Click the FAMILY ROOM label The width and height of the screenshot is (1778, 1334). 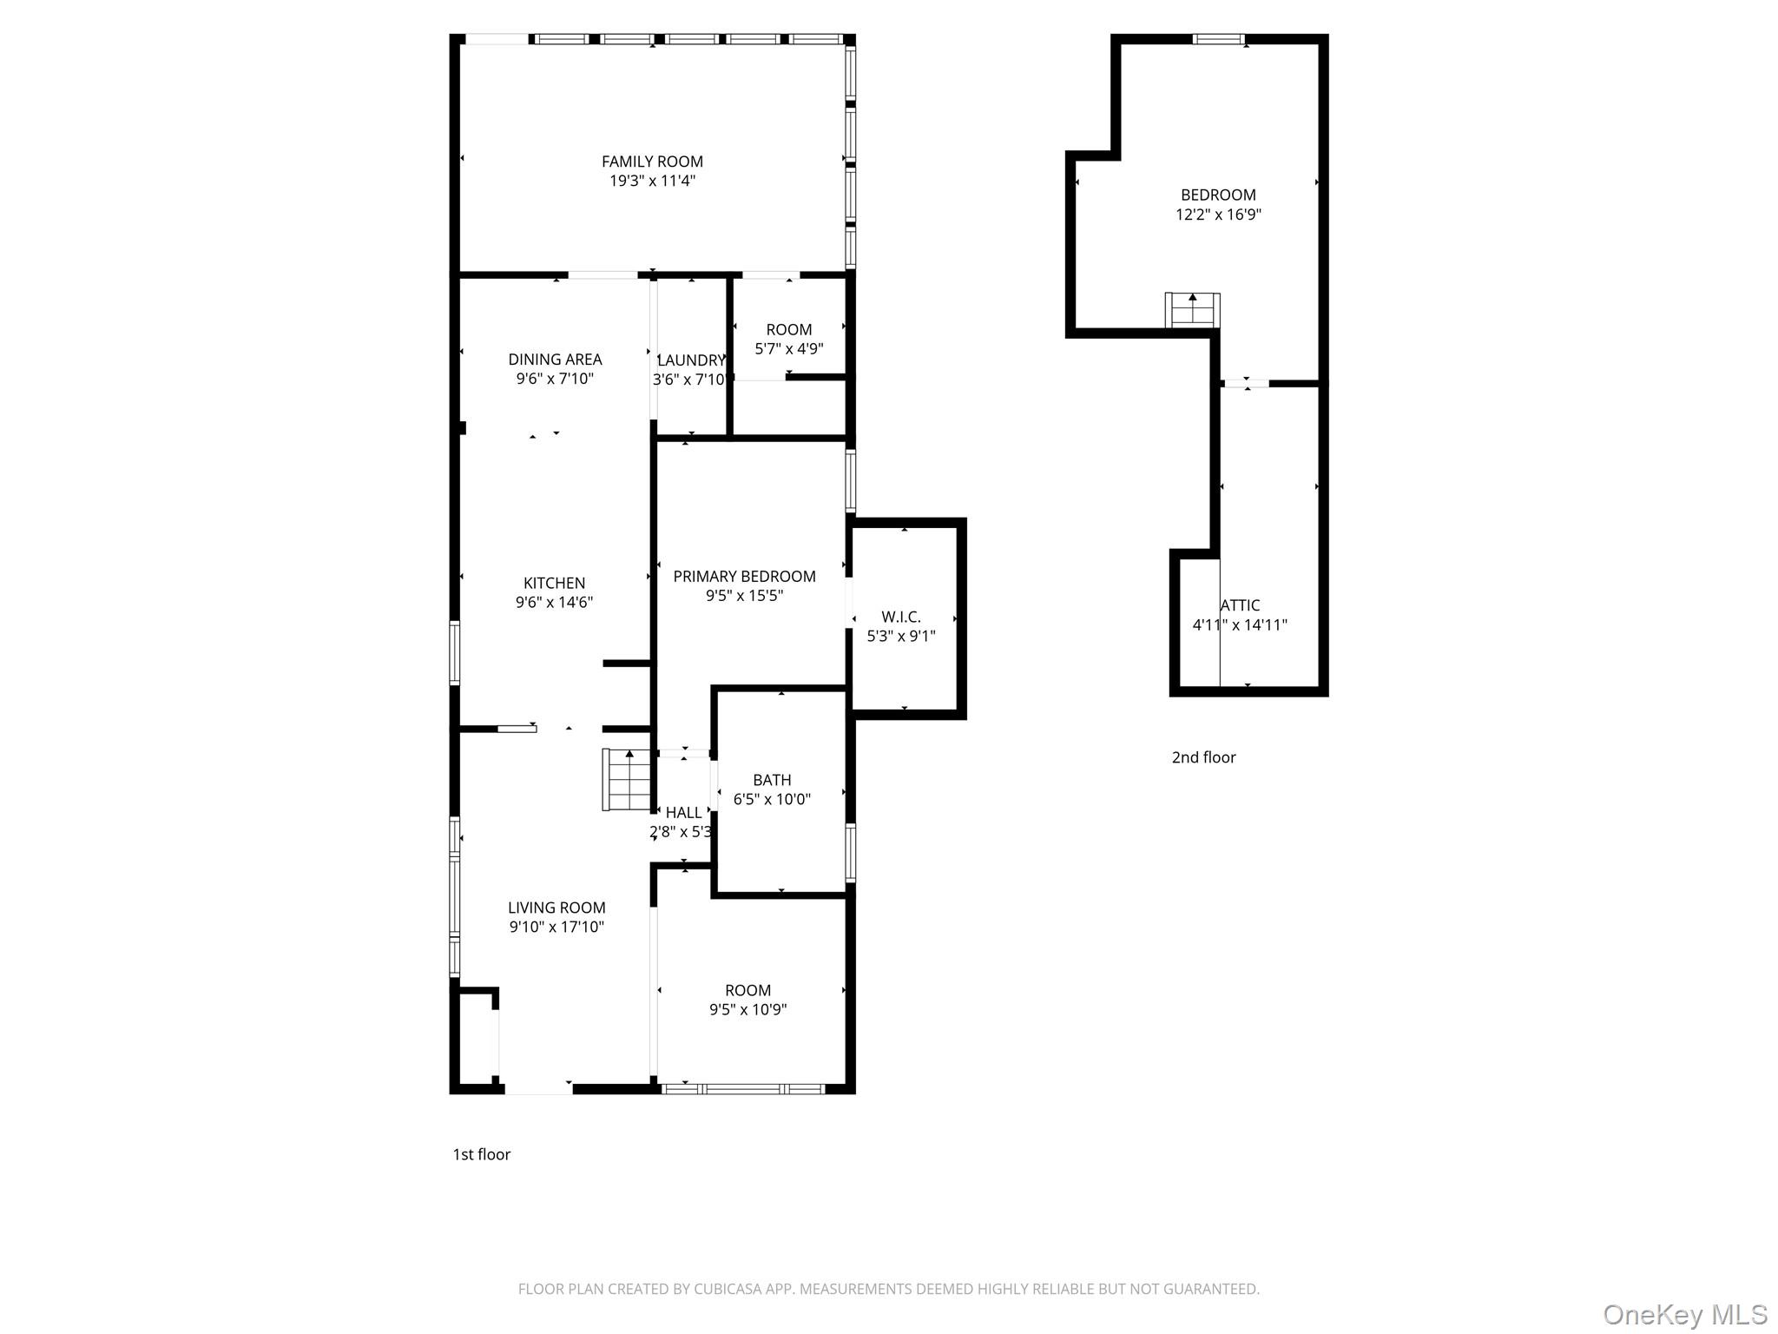point(652,162)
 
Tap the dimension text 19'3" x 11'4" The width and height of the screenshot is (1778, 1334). point(652,181)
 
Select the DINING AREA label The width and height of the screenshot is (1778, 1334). point(555,360)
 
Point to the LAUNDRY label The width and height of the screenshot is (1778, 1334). point(691,360)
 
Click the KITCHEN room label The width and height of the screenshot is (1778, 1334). point(554,584)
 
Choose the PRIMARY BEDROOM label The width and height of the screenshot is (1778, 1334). point(744,577)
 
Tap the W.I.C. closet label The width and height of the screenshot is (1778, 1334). point(901,617)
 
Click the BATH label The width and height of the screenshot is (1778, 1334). point(772,781)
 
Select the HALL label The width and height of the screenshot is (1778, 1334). point(683,813)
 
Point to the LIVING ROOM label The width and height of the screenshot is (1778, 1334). point(556,908)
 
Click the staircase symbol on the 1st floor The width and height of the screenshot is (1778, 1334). point(627,780)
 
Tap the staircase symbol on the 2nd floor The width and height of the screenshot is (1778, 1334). point(1192,310)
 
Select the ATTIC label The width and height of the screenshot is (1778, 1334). point(1240,605)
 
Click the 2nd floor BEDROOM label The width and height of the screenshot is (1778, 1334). point(1218,195)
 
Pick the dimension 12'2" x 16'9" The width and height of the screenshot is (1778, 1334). point(1218,215)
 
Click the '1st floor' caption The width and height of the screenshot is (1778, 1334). point(481,1154)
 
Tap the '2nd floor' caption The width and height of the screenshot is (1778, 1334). point(1203,757)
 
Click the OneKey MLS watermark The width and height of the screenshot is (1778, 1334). point(1684,1314)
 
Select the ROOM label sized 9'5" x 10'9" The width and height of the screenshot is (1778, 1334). point(747,991)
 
